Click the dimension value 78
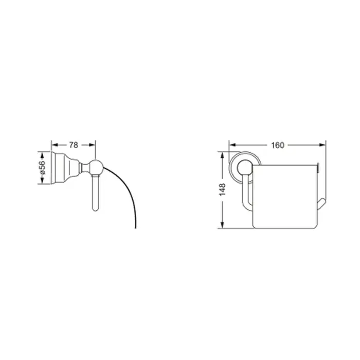point(74,145)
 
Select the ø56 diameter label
point(42,168)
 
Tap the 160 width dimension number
point(278,146)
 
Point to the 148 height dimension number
point(222,190)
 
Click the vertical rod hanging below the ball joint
point(95,192)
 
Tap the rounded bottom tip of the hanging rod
point(95,209)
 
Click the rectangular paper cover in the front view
point(284,196)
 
